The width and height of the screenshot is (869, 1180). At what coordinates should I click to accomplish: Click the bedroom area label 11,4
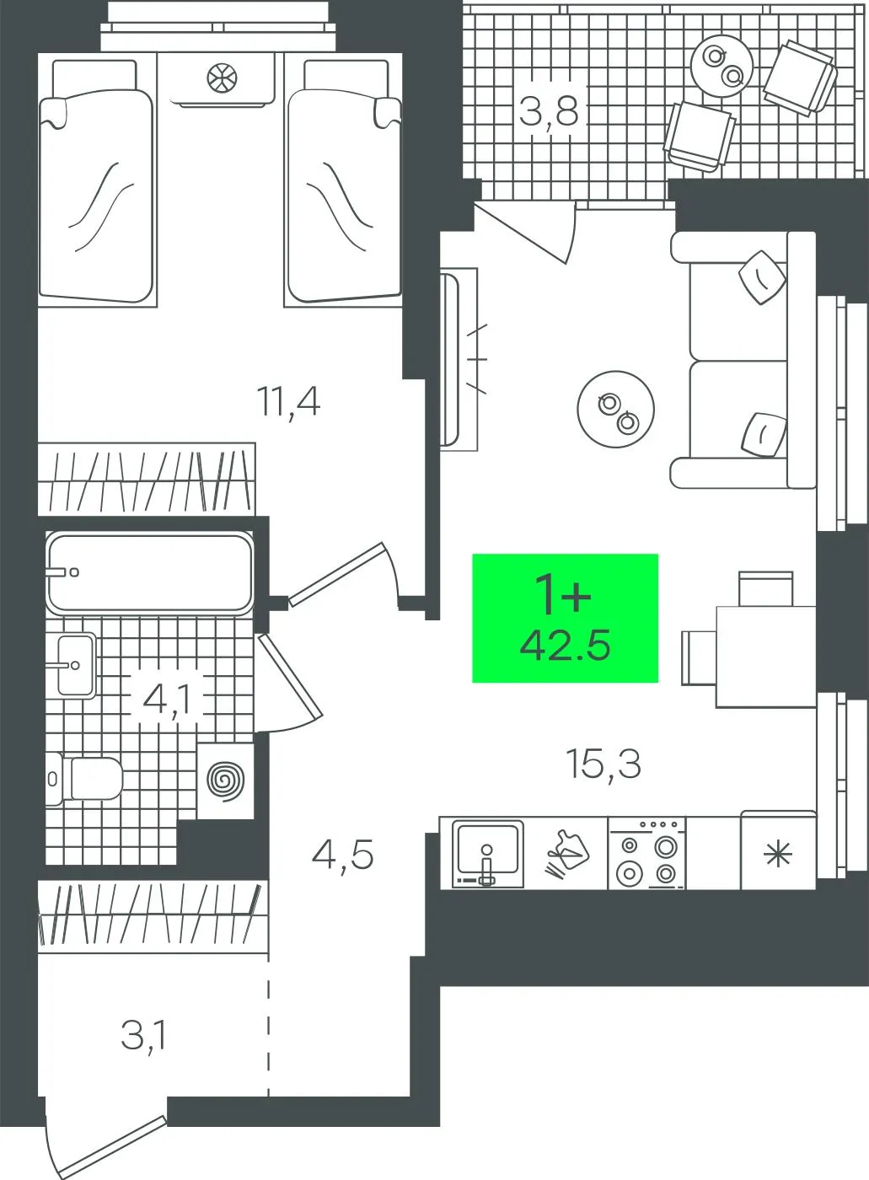(288, 403)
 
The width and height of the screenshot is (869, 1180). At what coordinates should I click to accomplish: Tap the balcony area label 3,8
(549, 111)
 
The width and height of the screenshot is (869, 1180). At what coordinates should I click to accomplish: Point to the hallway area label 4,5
(342, 855)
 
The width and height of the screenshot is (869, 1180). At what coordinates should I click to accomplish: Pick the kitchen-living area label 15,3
(603, 765)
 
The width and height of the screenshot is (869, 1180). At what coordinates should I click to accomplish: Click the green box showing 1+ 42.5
(565, 618)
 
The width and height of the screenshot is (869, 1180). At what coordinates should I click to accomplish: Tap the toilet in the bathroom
(84, 779)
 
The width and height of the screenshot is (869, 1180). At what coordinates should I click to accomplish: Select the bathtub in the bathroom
(150, 573)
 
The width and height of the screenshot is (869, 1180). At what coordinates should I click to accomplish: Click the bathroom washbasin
(76, 665)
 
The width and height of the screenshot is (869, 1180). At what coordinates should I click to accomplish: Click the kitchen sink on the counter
(489, 853)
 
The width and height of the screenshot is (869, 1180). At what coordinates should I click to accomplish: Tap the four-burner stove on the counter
(647, 853)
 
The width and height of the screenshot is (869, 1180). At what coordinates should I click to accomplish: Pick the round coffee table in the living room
(615, 409)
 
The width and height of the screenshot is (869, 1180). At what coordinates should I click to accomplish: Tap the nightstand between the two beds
(221, 80)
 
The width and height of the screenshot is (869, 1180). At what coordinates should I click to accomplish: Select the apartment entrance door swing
(105, 1138)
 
